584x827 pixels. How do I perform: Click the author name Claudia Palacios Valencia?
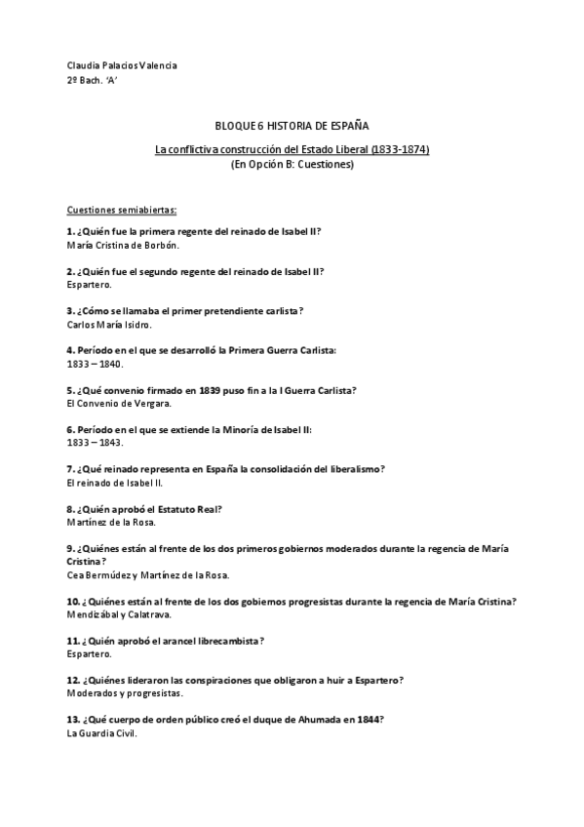[x=122, y=65]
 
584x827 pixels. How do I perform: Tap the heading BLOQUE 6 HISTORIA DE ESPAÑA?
[x=292, y=126]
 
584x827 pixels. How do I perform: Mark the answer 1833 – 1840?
[x=95, y=364]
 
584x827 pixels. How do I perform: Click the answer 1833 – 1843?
[x=95, y=443]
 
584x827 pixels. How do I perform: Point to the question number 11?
[x=72, y=641]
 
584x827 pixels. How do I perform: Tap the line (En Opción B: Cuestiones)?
[x=292, y=165]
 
